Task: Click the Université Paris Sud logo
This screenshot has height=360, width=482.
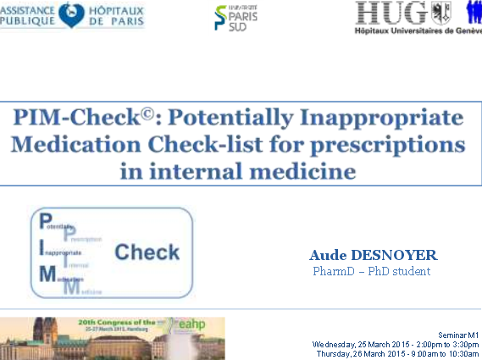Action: [236, 16]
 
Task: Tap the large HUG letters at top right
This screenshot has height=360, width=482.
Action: [391, 12]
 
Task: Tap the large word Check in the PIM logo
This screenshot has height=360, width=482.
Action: [147, 252]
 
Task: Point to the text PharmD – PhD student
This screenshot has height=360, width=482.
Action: [371, 272]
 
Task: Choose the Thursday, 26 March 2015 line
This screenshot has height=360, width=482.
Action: [396, 354]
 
